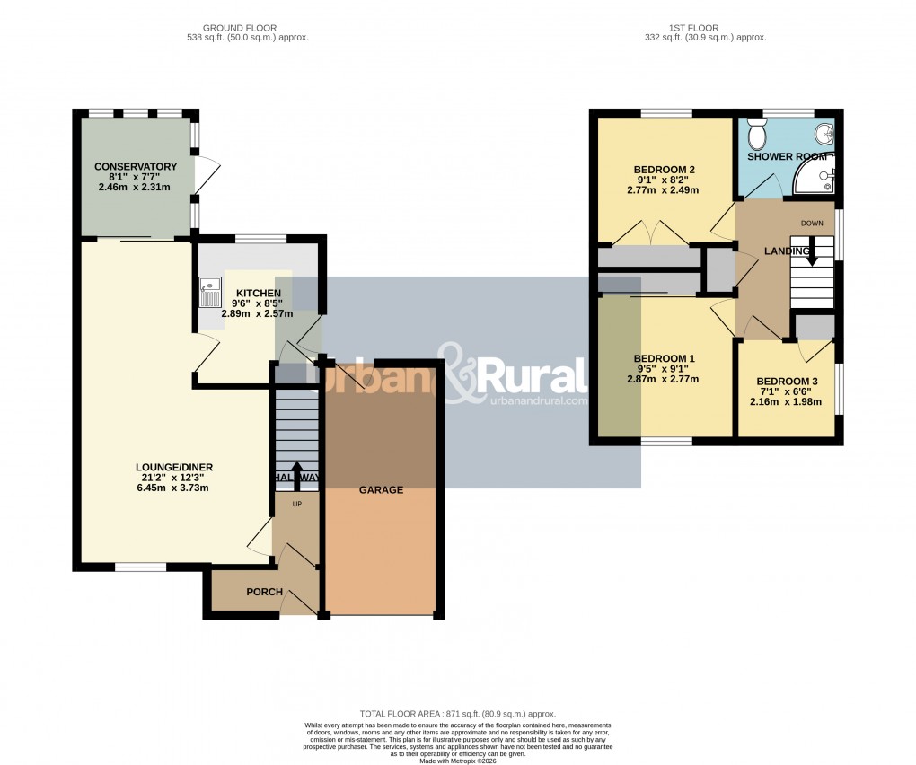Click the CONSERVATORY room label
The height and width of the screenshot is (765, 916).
[136, 167]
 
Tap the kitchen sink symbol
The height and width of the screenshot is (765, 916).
[210, 294]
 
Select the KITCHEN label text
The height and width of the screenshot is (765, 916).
[259, 294]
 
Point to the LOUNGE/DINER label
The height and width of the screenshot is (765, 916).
[173, 467]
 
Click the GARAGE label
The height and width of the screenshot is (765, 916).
[381, 490]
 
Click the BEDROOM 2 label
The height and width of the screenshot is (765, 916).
[665, 170]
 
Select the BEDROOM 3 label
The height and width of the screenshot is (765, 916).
[786, 380]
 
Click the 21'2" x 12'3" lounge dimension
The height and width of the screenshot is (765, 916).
[173, 478]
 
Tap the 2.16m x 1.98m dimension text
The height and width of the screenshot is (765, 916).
[786, 401]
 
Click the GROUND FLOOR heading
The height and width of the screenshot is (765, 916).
[239, 27]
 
